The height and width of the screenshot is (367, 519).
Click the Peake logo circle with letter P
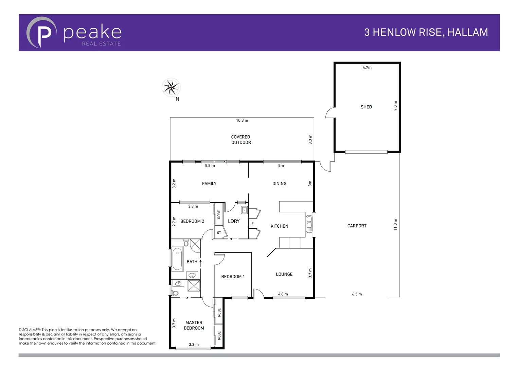coord(41,33)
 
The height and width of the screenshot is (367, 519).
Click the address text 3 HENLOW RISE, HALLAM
coord(426,32)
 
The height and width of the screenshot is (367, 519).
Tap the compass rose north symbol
coord(171,87)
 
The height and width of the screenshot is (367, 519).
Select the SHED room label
coord(366,107)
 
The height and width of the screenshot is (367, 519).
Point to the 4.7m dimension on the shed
coord(367,68)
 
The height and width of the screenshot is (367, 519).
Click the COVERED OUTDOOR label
coord(241,140)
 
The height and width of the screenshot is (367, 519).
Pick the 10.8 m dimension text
coord(242,120)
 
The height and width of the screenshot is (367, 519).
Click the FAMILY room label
coord(209,183)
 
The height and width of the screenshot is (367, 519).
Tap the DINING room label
coord(279,183)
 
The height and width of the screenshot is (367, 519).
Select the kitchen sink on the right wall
coord(309,224)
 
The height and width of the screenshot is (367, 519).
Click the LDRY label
coord(234,221)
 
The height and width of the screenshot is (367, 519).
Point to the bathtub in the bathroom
coord(177,259)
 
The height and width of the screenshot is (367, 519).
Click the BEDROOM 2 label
coord(192,221)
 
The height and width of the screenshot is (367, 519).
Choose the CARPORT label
coord(357,226)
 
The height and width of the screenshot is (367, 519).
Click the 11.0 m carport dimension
coord(395,225)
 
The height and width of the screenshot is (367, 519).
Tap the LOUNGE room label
coord(284,274)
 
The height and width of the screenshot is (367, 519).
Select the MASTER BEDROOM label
coord(194,325)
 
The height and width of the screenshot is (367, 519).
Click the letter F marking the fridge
coord(252,224)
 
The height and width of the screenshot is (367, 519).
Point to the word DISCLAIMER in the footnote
coord(30,330)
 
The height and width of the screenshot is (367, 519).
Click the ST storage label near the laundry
coord(219,233)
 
